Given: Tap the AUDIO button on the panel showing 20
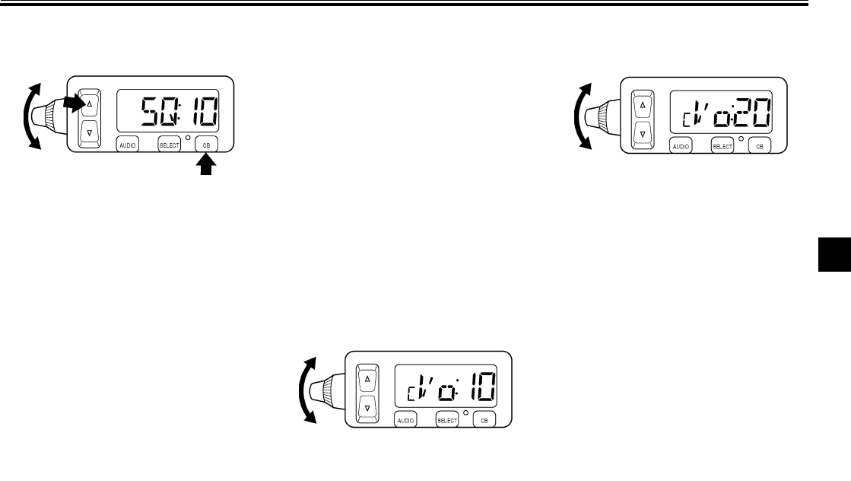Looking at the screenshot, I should click(x=681, y=145).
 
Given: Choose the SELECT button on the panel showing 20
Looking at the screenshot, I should click(x=722, y=145).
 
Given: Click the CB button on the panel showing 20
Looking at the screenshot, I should click(x=760, y=145).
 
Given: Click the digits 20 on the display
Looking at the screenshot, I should click(x=749, y=116).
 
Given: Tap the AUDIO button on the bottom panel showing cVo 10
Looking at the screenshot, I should click(x=405, y=419).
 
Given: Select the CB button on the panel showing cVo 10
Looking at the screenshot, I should click(x=484, y=419).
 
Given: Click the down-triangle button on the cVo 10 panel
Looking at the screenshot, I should click(x=367, y=407).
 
